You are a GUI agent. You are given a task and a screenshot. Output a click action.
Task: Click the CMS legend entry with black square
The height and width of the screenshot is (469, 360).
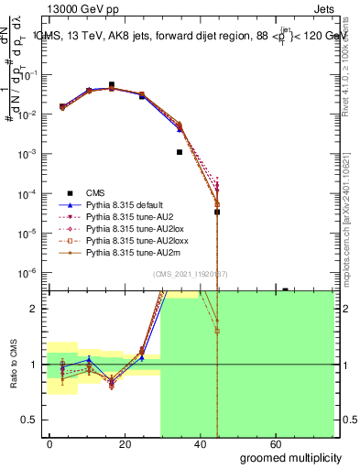[x=95, y=192]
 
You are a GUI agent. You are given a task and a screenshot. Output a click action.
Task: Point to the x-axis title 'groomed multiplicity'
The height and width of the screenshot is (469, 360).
[x=291, y=456]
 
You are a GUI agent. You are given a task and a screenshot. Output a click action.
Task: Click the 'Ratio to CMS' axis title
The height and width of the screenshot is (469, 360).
[x=15, y=365]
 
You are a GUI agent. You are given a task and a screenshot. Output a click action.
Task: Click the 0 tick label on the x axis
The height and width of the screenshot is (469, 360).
[x=49, y=443]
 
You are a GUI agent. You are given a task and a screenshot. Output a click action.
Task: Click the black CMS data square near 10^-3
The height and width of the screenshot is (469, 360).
[x=180, y=152]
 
